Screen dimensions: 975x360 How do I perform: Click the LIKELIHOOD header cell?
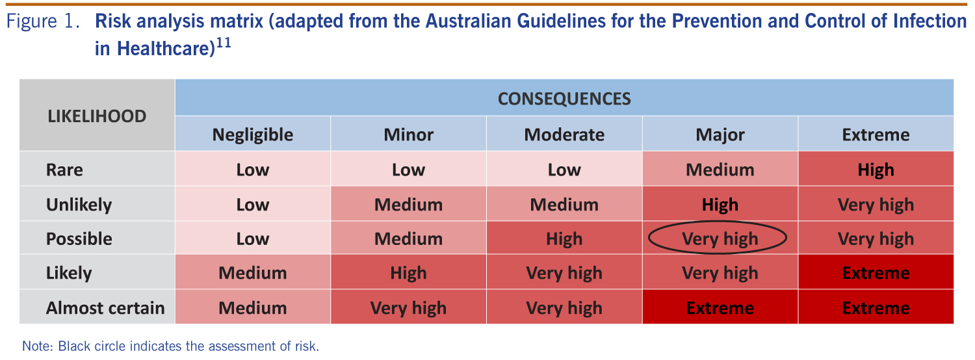(97, 116)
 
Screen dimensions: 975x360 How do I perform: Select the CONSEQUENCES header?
(564, 97)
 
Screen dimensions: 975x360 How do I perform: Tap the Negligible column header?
(252, 134)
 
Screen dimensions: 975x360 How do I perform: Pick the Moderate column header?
(564, 134)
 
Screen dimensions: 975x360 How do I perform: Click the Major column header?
(720, 134)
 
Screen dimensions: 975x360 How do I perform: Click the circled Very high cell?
(720, 238)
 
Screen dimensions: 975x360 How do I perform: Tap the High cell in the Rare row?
(876, 169)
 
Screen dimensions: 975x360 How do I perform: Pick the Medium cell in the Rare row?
(720, 169)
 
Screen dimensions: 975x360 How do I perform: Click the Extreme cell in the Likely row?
(876, 272)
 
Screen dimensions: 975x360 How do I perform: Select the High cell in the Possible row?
(564, 238)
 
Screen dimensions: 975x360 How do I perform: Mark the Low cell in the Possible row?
(252, 238)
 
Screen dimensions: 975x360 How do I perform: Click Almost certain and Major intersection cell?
(720, 307)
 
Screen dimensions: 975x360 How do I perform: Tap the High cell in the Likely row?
(408, 272)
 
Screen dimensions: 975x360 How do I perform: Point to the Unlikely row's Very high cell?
(876, 204)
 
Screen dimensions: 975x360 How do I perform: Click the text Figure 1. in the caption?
(43, 21)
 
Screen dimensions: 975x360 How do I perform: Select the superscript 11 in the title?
(224, 43)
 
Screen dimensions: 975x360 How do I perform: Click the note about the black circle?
(170, 346)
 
